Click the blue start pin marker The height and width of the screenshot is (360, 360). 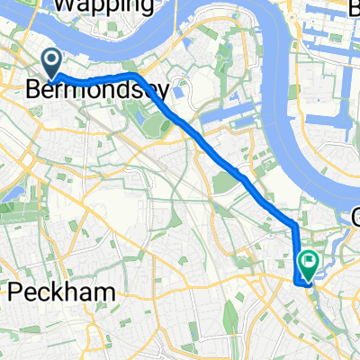tap(52, 62)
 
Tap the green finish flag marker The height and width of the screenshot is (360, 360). tap(308, 264)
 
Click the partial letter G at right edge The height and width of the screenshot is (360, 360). tap(355, 216)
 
